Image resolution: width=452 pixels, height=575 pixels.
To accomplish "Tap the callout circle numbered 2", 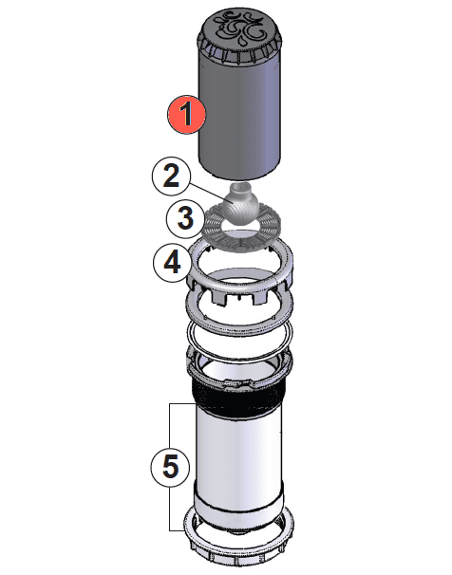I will coord(171,176).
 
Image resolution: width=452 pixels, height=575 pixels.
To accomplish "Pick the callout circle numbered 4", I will coord(173,262).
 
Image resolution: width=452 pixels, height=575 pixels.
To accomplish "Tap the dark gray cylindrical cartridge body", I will coord(243,114).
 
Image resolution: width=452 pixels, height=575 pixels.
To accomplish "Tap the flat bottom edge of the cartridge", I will coord(242,176).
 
